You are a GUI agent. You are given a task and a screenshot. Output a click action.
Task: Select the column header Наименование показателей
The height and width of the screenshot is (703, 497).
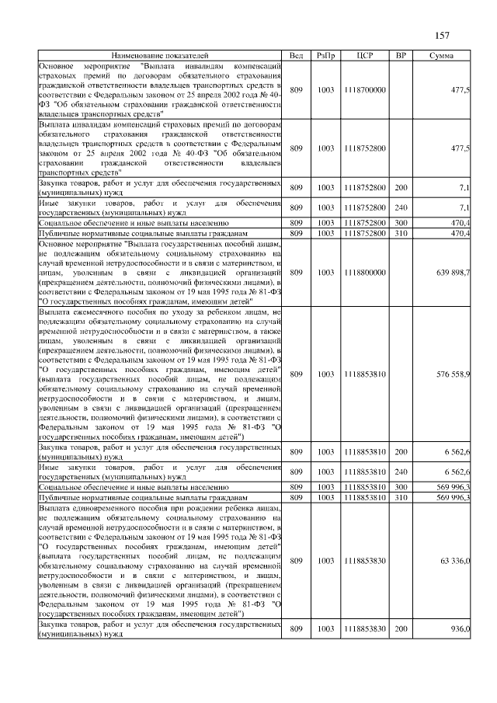159,56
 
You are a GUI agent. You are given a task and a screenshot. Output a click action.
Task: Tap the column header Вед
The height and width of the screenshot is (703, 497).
296,56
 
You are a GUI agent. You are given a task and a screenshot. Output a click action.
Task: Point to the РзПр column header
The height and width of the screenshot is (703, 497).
325,56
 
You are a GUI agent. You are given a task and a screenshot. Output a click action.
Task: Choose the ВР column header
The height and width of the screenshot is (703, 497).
401,56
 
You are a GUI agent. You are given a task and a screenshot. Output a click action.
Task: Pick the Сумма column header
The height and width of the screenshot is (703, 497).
441,56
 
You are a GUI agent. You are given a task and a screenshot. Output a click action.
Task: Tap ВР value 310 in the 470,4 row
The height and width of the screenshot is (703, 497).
401,233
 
